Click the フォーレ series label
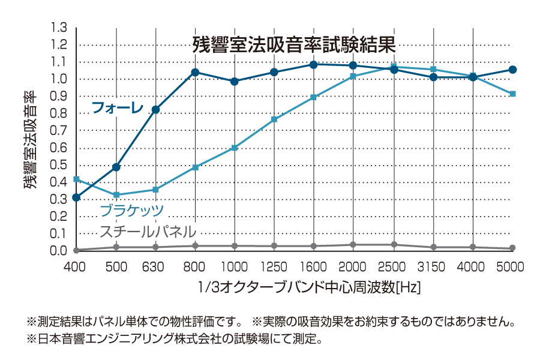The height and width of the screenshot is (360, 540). tap(117, 108)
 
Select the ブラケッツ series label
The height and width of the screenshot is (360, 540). tap(131, 210)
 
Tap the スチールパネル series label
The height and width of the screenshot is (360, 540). tap(148, 231)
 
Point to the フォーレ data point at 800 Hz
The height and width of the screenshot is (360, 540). tap(195, 72)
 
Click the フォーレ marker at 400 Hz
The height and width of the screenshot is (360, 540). tap(76, 197)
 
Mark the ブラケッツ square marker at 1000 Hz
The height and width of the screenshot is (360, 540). tap(235, 148)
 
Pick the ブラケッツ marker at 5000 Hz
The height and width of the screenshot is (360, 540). tap(512, 94)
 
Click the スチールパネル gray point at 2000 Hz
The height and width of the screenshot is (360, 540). tap(353, 245)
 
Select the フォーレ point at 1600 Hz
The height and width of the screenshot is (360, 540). tap(313, 64)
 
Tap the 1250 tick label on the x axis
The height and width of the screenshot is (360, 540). tap(274, 266)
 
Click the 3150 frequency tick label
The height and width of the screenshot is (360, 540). tap(433, 266)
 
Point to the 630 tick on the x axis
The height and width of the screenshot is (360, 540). tap(155, 266)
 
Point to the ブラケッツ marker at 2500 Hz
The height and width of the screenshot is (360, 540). tap(394, 67)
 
